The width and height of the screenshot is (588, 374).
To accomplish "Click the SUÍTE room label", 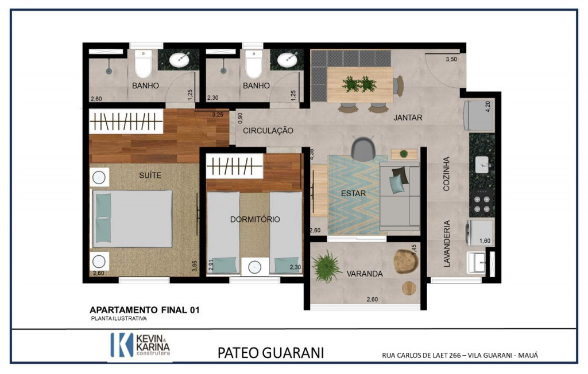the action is (x=150, y=174).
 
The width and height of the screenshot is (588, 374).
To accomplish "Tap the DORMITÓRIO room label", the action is (x=255, y=219).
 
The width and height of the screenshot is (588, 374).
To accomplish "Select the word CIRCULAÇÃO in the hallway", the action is (x=268, y=131).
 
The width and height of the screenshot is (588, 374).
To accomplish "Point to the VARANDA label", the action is (x=365, y=274).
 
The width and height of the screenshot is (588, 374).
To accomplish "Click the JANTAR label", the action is (x=408, y=118).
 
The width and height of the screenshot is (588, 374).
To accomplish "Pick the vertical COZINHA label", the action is (x=446, y=174).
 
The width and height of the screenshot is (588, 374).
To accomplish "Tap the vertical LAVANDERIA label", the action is (x=447, y=244).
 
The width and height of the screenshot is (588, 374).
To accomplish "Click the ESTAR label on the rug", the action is (x=353, y=193).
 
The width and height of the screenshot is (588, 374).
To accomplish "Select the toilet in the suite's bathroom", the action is (x=143, y=64).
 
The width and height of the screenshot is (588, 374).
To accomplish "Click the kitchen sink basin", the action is (x=482, y=165).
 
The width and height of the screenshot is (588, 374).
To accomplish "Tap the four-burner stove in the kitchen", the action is (x=482, y=202).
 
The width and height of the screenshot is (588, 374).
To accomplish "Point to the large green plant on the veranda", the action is (x=326, y=267).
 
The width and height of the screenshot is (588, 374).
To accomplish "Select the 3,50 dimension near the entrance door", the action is (x=451, y=59).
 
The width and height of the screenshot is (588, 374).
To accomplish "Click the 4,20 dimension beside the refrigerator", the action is (x=488, y=107).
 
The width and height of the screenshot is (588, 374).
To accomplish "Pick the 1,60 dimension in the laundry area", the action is (x=485, y=241).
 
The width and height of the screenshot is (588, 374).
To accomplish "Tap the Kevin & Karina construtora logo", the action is (x=140, y=344).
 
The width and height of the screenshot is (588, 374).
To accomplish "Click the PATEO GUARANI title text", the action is (x=270, y=353).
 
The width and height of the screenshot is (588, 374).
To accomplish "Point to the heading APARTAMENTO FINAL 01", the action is (x=144, y=310).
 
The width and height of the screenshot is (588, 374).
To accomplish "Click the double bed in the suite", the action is (x=133, y=219).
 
